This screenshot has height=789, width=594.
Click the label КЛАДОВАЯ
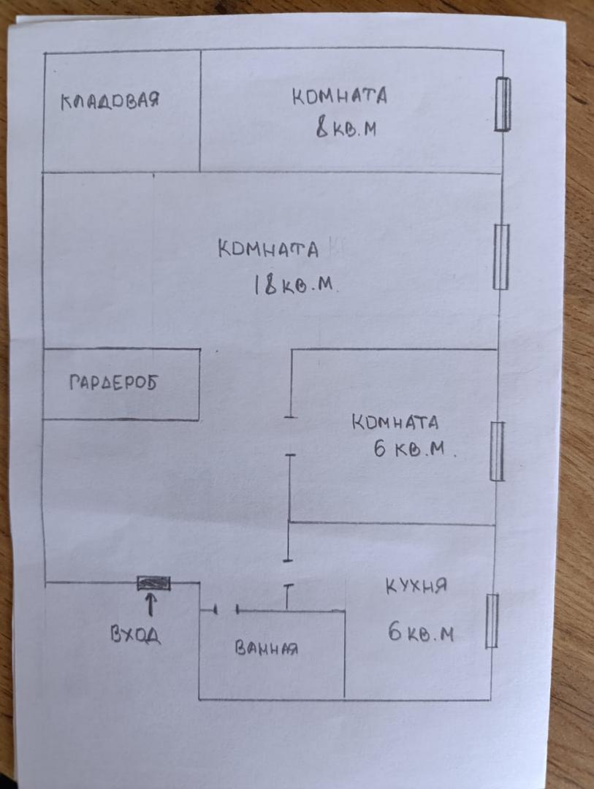pyautogui.click(x=110, y=101)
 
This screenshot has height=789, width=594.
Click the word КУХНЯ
pyautogui.click(x=416, y=586)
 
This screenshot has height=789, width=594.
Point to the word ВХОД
pyautogui.click(x=136, y=635)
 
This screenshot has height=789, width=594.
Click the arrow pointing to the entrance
pyautogui.click(x=151, y=606)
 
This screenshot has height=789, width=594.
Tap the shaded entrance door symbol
pyautogui.click(x=153, y=583)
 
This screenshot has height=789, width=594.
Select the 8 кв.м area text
pyautogui.click(x=346, y=129)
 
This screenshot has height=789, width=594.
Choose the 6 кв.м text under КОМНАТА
pyautogui.click(x=414, y=449)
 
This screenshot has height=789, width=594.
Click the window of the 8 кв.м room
pyautogui.click(x=502, y=104)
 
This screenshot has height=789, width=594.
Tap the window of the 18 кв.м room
pyautogui.click(x=500, y=256)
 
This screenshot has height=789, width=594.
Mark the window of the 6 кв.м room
pyautogui.click(x=497, y=451)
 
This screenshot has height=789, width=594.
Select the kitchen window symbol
pyautogui.click(x=492, y=620)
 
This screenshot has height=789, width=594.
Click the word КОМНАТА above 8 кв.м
pyautogui.click(x=340, y=96)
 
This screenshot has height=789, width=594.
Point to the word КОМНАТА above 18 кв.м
pyautogui.click(x=268, y=249)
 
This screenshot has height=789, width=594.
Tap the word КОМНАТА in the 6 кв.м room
pyautogui.click(x=395, y=422)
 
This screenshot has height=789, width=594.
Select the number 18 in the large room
pyautogui.click(x=264, y=284)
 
